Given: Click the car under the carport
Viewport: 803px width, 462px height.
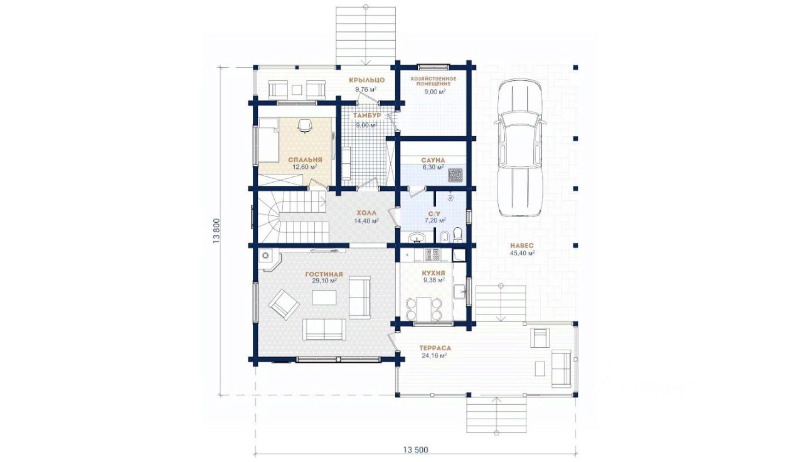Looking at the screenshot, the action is click(x=519, y=148).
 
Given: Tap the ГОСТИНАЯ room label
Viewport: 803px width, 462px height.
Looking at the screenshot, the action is click(x=324, y=274).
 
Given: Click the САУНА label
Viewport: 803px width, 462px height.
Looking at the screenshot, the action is click(x=433, y=160).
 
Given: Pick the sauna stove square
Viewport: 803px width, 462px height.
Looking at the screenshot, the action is click(x=456, y=175).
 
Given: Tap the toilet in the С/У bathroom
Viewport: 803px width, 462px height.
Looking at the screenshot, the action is click(x=457, y=235).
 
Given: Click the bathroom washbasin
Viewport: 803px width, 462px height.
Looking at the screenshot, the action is click(x=417, y=237).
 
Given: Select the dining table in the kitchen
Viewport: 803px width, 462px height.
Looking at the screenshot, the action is click(x=423, y=308).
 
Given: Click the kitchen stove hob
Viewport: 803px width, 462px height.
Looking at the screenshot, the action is click(x=432, y=255).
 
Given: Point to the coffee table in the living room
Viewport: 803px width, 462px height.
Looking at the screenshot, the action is click(x=324, y=298).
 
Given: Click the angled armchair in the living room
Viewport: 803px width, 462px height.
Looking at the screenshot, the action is click(x=284, y=304).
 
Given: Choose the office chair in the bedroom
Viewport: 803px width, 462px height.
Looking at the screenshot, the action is click(x=305, y=126).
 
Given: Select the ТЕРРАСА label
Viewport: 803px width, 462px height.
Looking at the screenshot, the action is click(x=435, y=348).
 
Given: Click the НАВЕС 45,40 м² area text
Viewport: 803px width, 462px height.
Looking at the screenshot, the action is click(x=522, y=249).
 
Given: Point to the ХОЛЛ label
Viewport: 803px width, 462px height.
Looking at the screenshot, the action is click(x=366, y=213).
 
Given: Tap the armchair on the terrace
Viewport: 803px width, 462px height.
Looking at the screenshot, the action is click(x=540, y=338).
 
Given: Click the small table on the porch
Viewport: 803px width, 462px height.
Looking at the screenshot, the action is click(x=297, y=90).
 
